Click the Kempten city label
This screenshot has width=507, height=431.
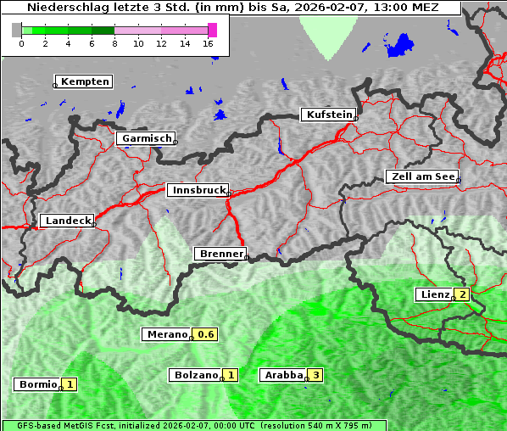click(83, 81)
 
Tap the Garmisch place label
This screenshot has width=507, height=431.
click(146, 138)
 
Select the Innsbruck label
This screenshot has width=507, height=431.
click(198, 191)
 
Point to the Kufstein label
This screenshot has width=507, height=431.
click(328, 115)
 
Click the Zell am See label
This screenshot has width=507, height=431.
click(421, 176)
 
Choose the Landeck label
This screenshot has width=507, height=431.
click(66, 221)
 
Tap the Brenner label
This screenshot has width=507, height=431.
click(220, 254)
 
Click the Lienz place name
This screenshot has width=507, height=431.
click(434, 294)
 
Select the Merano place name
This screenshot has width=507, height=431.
click(166, 334)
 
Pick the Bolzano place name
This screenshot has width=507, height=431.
click(195, 374)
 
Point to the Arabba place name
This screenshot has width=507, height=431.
click(283, 374)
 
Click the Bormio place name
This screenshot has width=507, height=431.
click(37, 383)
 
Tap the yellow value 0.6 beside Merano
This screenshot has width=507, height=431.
click(206, 334)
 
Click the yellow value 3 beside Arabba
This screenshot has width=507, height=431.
click(316, 374)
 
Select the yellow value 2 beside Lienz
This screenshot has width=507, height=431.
click(462, 294)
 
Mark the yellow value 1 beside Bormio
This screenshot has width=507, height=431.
click(70, 383)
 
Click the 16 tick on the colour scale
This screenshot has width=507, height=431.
click(209, 43)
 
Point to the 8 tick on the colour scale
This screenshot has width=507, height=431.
click(114, 43)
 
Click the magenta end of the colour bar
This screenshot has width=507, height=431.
click(212, 30)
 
